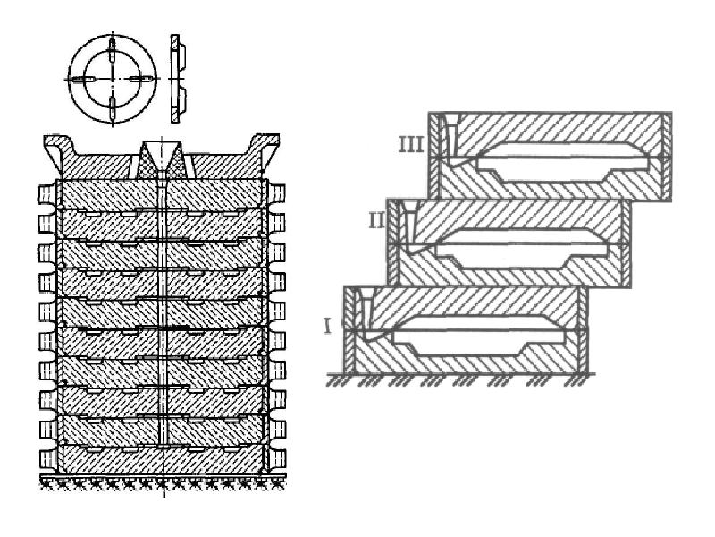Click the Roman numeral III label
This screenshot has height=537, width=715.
tap(410, 144)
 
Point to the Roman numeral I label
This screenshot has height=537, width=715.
tap(326, 327)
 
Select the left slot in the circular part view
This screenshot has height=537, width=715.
tap(83, 79)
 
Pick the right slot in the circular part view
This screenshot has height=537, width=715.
tap(140, 79)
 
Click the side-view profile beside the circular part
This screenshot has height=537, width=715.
tap(177, 79)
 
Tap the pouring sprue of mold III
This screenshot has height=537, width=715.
tap(451, 137)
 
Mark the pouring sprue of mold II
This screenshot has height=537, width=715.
tap(410, 225)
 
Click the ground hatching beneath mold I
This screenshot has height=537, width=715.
tap(460, 379)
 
